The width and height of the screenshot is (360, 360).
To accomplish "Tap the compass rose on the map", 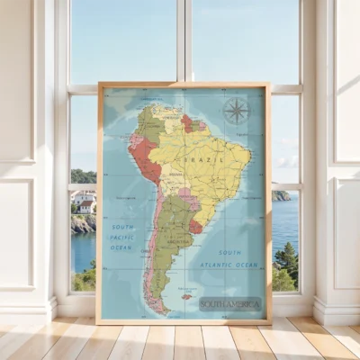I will coord(236,111).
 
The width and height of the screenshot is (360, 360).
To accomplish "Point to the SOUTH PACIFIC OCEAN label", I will coord(121,237).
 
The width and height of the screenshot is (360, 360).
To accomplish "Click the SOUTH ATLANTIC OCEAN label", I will coord(230,258).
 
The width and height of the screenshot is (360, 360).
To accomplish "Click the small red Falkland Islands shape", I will coord(187,296).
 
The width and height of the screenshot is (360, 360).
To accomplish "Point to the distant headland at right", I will coord(281,195).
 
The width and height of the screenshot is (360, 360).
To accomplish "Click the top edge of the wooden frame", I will coord(184,85).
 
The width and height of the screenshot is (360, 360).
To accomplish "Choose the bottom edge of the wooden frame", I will coord(184,320).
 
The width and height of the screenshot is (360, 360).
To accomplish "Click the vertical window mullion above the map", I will coord(184,40).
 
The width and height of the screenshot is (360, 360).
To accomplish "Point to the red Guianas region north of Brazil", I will coord(190,122).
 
